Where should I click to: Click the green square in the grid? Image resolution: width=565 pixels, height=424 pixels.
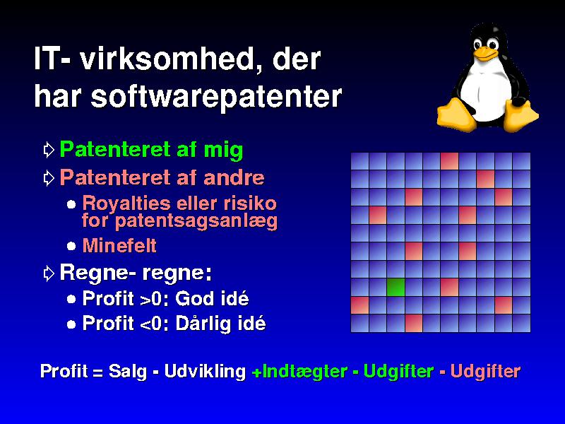coord(395,287)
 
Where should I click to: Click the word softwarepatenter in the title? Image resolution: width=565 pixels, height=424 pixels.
coord(215,97)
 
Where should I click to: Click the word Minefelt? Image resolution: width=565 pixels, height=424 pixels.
coord(119,245)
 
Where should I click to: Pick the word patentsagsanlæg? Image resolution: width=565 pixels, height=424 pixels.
coord(196,220)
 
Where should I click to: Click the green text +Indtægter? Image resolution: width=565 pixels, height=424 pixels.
coord(299,372)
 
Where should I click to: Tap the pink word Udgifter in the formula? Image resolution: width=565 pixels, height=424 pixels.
coord(485,371)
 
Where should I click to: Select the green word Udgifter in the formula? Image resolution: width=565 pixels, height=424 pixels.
coord(398,371)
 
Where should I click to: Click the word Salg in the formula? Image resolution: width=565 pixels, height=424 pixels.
coord(128,372)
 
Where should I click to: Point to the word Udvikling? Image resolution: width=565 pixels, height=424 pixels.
coord(205,372)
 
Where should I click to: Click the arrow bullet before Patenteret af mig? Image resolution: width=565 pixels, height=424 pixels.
coord(49,149)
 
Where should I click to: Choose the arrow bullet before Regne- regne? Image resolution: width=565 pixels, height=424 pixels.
coord(49,273)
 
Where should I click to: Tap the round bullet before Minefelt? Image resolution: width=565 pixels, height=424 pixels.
coord(71,246)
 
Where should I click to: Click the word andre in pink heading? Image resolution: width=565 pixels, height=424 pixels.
coord(234,177)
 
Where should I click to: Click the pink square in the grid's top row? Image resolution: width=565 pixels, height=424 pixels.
coord(449,161)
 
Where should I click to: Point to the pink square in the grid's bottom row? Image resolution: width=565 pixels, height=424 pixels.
coord(414,323)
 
